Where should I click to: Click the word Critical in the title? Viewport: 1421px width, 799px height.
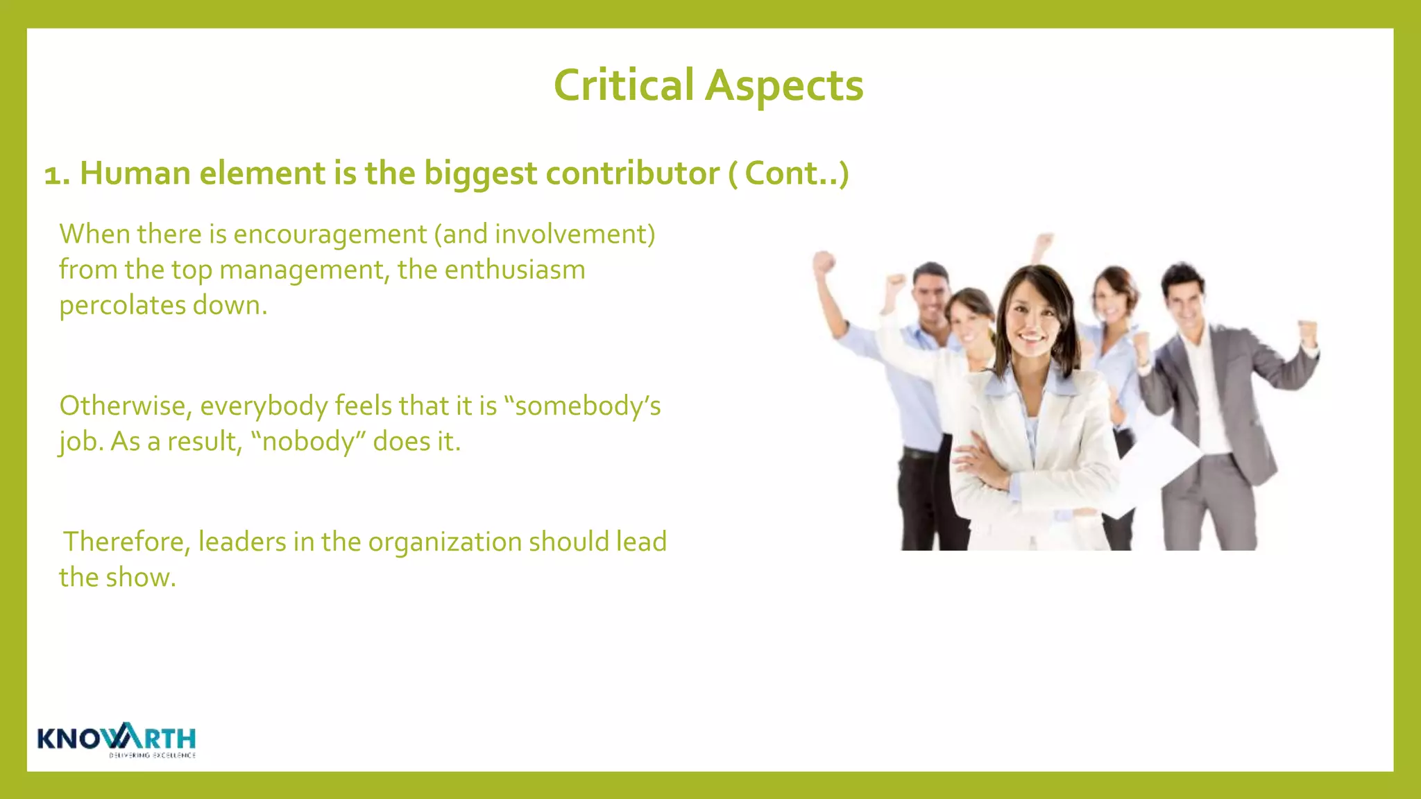tap(623, 86)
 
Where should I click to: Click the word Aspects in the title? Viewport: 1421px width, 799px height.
tap(784, 86)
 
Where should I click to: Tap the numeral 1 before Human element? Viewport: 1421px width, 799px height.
tap(56, 175)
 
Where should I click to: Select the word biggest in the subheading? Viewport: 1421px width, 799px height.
tap(480, 173)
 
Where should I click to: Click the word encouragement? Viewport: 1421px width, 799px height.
tap(330, 234)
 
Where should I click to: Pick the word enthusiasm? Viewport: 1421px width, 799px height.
tap(515, 270)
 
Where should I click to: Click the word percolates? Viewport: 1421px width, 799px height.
tap(122, 306)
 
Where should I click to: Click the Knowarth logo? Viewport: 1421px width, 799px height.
tap(117, 738)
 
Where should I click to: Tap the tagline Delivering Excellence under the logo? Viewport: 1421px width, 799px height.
tap(152, 755)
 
